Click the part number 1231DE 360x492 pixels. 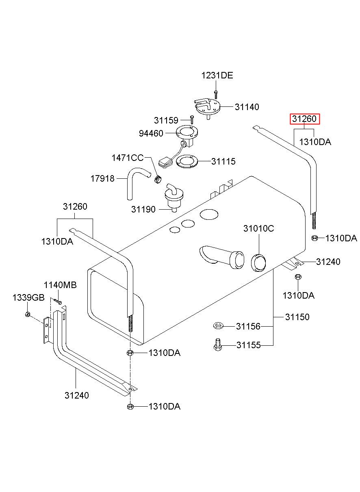click(217, 76)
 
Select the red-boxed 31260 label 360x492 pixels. click(304, 119)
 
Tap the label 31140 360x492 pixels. click(247, 107)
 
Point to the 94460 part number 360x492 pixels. click(151, 133)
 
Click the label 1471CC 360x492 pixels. click(128, 158)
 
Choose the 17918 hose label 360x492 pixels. click(102, 178)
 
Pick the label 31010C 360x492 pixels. click(258, 229)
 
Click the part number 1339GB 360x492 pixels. click(28, 298)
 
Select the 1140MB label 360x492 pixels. click(60, 285)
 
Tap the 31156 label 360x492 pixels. click(248, 326)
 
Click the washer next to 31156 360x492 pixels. click(218, 325)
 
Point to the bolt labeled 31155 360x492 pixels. click(217, 345)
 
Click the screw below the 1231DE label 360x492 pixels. click(216, 94)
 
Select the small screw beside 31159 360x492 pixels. click(192, 120)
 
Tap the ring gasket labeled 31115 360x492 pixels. click(187, 162)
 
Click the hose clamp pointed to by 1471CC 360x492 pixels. click(158, 179)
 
